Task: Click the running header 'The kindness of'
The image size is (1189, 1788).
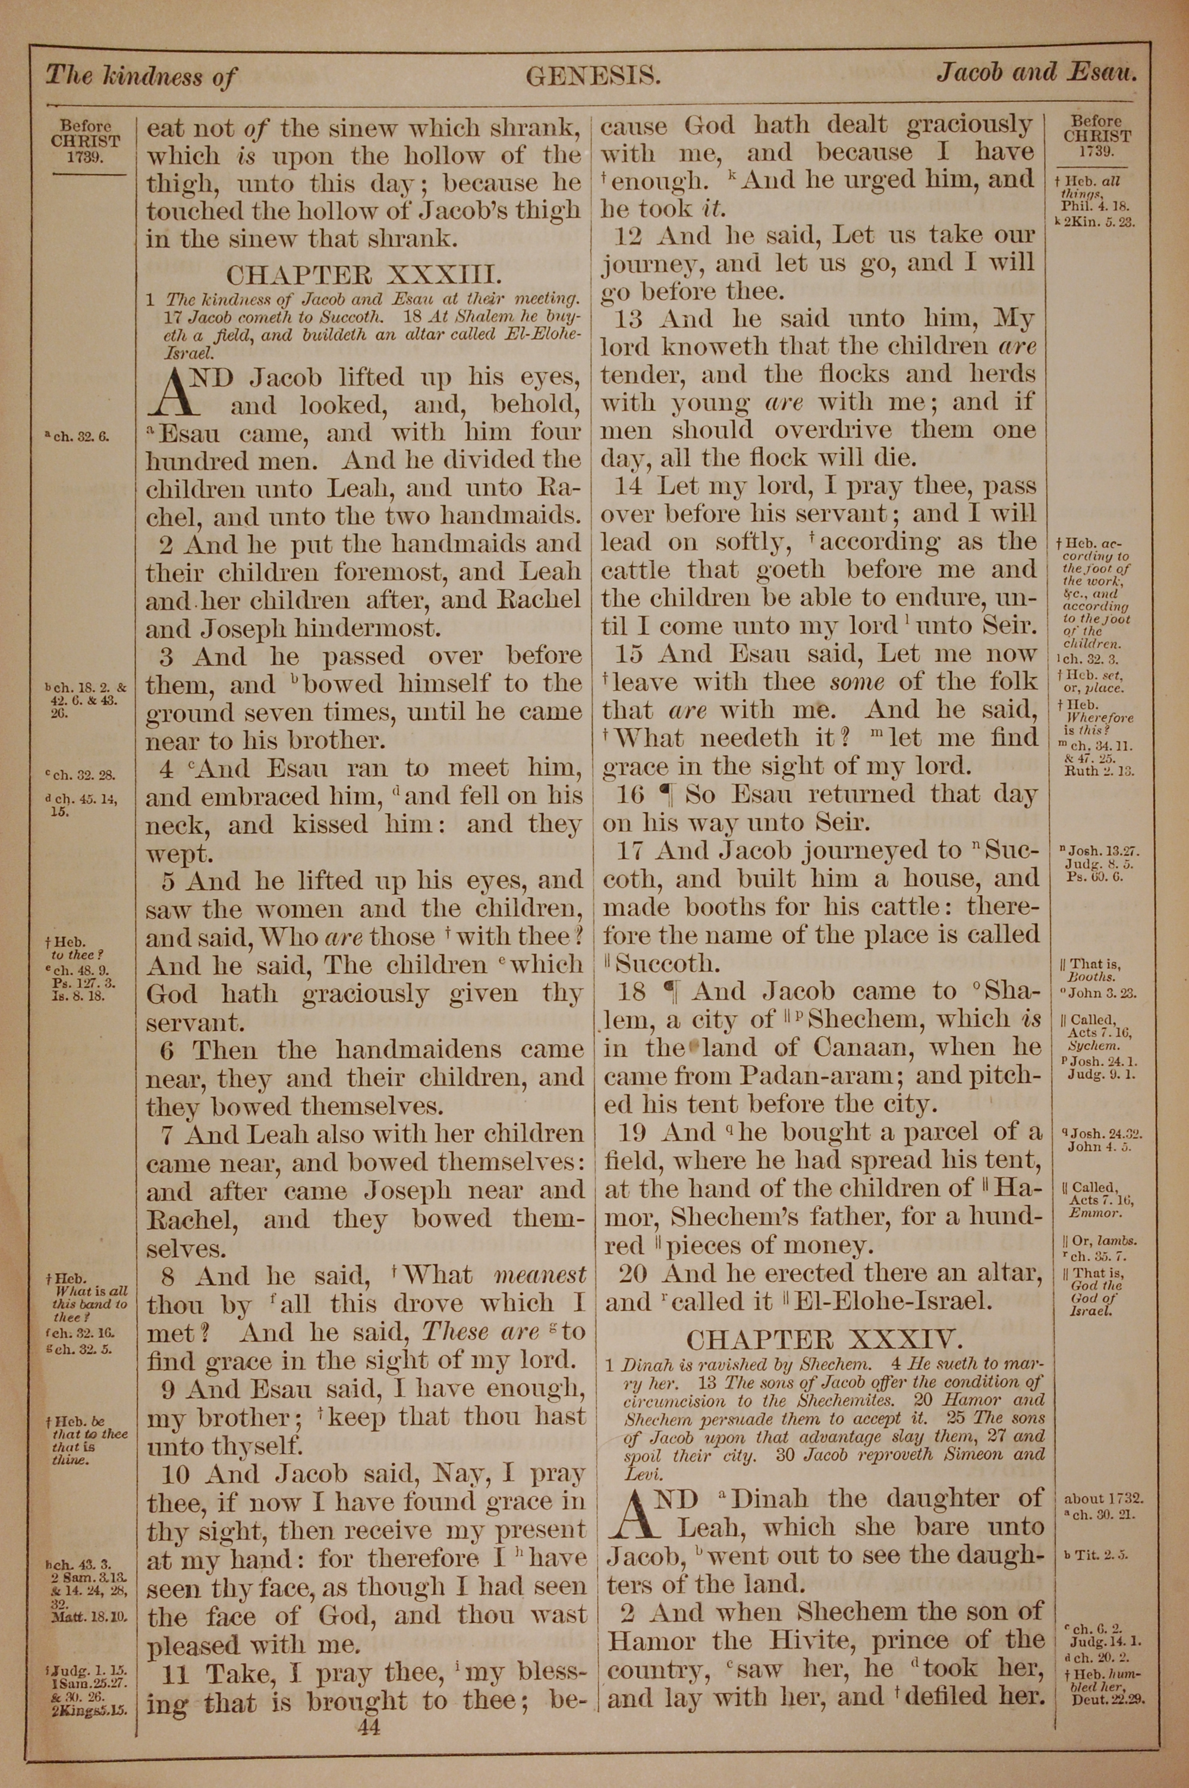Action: tap(142, 76)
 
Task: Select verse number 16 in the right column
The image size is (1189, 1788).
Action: tap(631, 794)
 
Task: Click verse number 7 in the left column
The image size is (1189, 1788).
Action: tap(168, 1135)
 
